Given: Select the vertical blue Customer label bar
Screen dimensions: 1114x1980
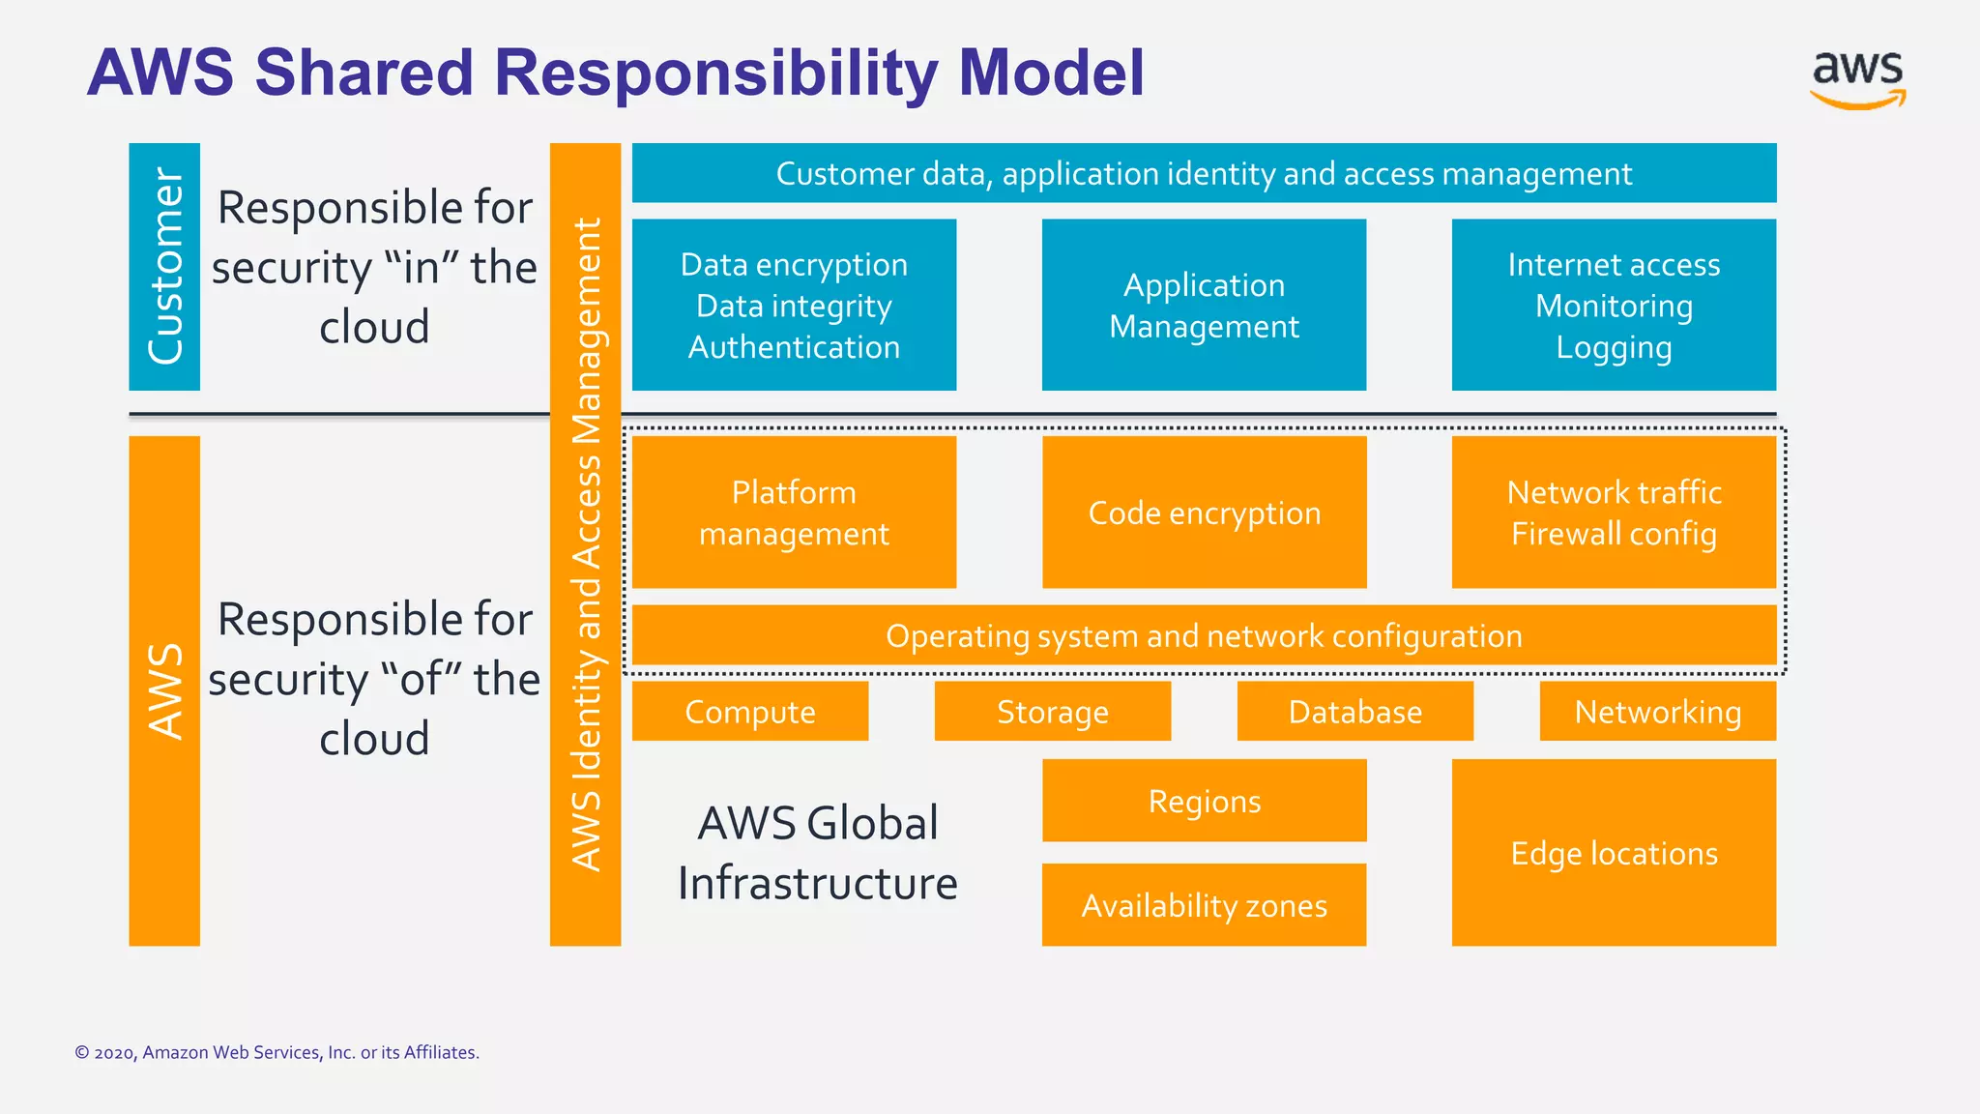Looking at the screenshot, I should point(164,267).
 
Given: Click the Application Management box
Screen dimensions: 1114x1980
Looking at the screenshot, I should point(1204,306).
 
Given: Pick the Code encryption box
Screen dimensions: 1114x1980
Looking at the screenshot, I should point(1204,513).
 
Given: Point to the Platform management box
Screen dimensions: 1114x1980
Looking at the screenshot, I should point(794,513).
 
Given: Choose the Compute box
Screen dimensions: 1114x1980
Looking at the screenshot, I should point(750,712).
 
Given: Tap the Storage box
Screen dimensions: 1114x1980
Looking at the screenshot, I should point(1053,712).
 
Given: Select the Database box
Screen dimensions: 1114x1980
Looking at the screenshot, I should point(1355,712).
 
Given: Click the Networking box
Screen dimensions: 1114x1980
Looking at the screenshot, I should point(1657,712).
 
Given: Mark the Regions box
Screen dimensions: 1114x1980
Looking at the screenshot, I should point(1204,801).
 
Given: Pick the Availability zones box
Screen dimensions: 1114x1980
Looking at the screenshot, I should point(1204,905).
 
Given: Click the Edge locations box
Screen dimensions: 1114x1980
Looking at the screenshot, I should point(1614,853).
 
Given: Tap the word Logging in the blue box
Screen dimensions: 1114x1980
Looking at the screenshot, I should point(1614,347).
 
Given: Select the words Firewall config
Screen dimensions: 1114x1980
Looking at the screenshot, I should point(1614,534).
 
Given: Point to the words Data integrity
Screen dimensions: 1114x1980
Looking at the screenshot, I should point(794,306).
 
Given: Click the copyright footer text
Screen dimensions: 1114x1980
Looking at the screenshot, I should point(277,1052).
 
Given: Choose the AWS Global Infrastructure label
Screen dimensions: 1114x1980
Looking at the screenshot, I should point(818,853).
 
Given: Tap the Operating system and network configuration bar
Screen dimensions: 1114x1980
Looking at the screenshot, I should point(1204,636).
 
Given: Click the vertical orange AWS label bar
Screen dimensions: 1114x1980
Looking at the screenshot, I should point(164,690).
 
